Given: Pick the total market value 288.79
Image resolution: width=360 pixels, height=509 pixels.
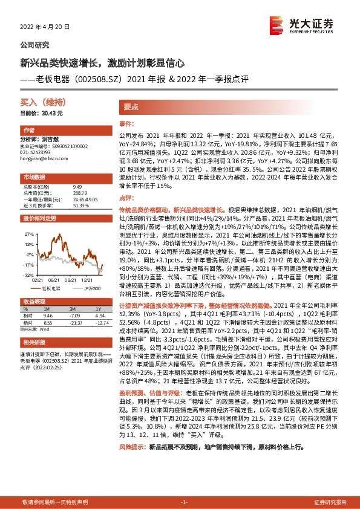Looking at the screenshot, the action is tap(80, 192).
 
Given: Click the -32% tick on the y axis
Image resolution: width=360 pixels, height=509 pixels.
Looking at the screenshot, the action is tap(29, 274).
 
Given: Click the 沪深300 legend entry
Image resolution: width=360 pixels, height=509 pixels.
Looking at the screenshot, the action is tap(86, 289).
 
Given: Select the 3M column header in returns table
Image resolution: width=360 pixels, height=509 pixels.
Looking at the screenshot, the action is tap(74, 308).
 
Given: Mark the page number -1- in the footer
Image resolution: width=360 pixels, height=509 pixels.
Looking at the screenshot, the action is tap(185, 502).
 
